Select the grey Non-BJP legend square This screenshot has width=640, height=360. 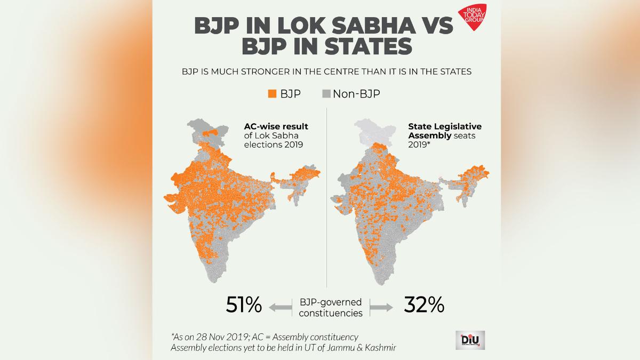[325, 94]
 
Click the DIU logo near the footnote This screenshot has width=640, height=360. [470, 340]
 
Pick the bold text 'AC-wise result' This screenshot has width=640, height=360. [276, 127]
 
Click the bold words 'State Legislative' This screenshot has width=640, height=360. [445, 127]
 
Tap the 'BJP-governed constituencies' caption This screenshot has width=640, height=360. [331, 307]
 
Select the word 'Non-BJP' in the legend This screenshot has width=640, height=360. [356, 94]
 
